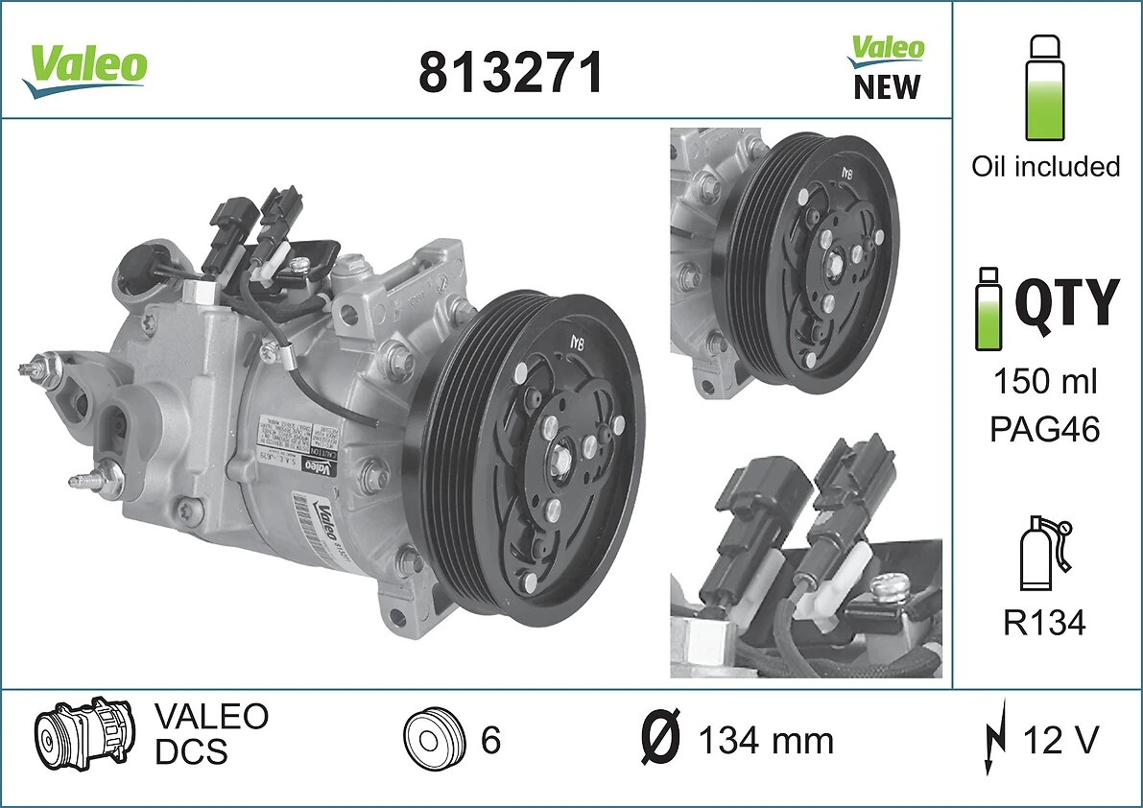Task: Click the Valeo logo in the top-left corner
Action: pyautogui.click(x=85, y=68)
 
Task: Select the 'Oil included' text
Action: pyautogui.click(x=1045, y=166)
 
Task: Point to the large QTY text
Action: pyautogui.click(x=1066, y=304)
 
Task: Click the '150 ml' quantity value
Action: pyautogui.click(x=1044, y=382)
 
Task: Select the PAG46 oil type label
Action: pyautogui.click(x=1044, y=429)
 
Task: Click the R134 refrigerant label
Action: pyautogui.click(x=1044, y=624)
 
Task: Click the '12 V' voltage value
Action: pyautogui.click(x=1060, y=740)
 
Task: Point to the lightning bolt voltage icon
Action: pyautogui.click(x=994, y=740)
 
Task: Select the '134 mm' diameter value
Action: pyautogui.click(x=765, y=741)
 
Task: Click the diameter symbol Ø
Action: pyautogui.click(x=660, y=740)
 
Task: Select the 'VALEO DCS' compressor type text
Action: pyautogui.click(x=211, y=734)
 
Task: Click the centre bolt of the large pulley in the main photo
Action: pyautogui.click(x=559, y=450)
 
